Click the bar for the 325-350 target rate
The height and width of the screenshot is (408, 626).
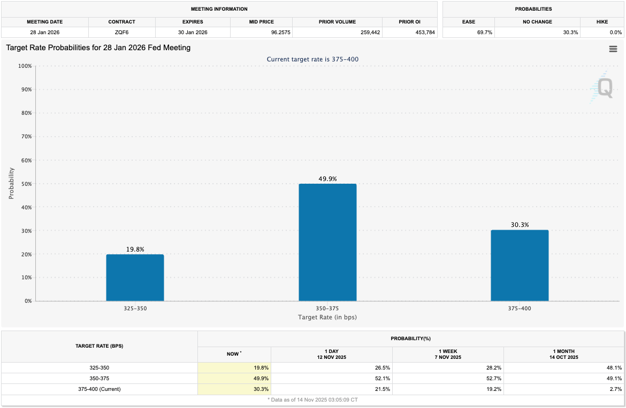(135, 278)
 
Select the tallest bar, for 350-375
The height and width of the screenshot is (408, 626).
(327, 242)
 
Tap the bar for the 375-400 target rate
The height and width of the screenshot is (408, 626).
(520, 265)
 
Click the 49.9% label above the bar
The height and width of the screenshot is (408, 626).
(327, 179)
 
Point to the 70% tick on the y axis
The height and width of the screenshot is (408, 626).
(26, 137)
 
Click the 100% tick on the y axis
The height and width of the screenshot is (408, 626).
(25, 66)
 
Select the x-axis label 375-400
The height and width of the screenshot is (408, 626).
(520, 309)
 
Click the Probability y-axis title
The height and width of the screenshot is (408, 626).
(11, 184)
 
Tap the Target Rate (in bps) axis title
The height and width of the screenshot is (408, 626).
(327, 317)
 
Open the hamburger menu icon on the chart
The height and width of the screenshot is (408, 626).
(613, 49)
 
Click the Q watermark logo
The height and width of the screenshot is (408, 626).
(604, 88)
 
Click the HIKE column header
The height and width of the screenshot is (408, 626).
(602, 22)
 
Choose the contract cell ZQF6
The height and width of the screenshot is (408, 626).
(121, 33)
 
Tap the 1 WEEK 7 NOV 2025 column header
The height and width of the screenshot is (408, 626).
(448, 354)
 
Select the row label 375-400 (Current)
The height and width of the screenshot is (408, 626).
(100, 389)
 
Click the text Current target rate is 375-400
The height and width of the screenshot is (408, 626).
(312, 59)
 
